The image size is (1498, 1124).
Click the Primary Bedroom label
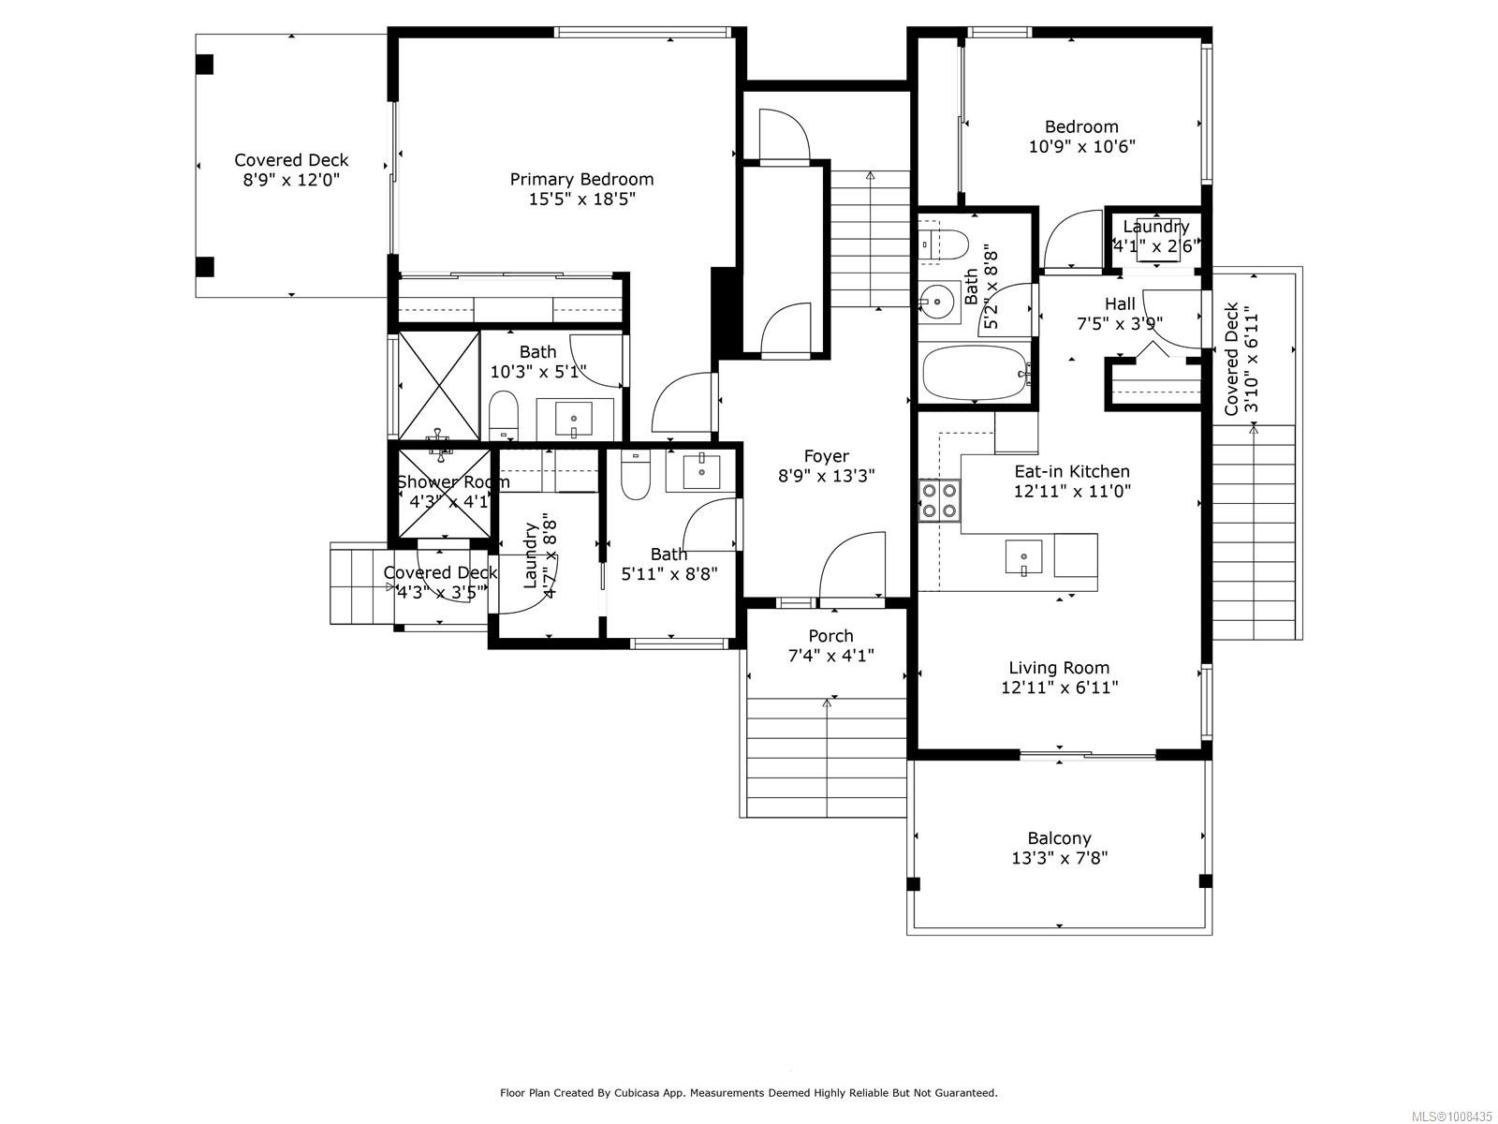pos(581,179)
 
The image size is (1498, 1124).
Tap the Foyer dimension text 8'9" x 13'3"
pos(826,476)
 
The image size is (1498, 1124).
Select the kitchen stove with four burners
pos(939,499)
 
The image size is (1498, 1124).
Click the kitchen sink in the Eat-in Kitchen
pos(1024,557)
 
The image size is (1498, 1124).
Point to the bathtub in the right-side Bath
pos(975,373)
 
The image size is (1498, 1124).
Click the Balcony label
pos(1059,838)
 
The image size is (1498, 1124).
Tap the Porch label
pos(830,636)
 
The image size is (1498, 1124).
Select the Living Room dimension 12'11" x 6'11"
pos(1059,688)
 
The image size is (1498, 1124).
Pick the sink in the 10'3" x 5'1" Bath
pos(573,418)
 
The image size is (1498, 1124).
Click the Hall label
pos(1120,303)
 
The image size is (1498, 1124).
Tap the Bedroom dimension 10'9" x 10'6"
pos(1081,147)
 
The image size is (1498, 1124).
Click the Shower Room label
pos(453,481)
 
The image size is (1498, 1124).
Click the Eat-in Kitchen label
pos(1072,471)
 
